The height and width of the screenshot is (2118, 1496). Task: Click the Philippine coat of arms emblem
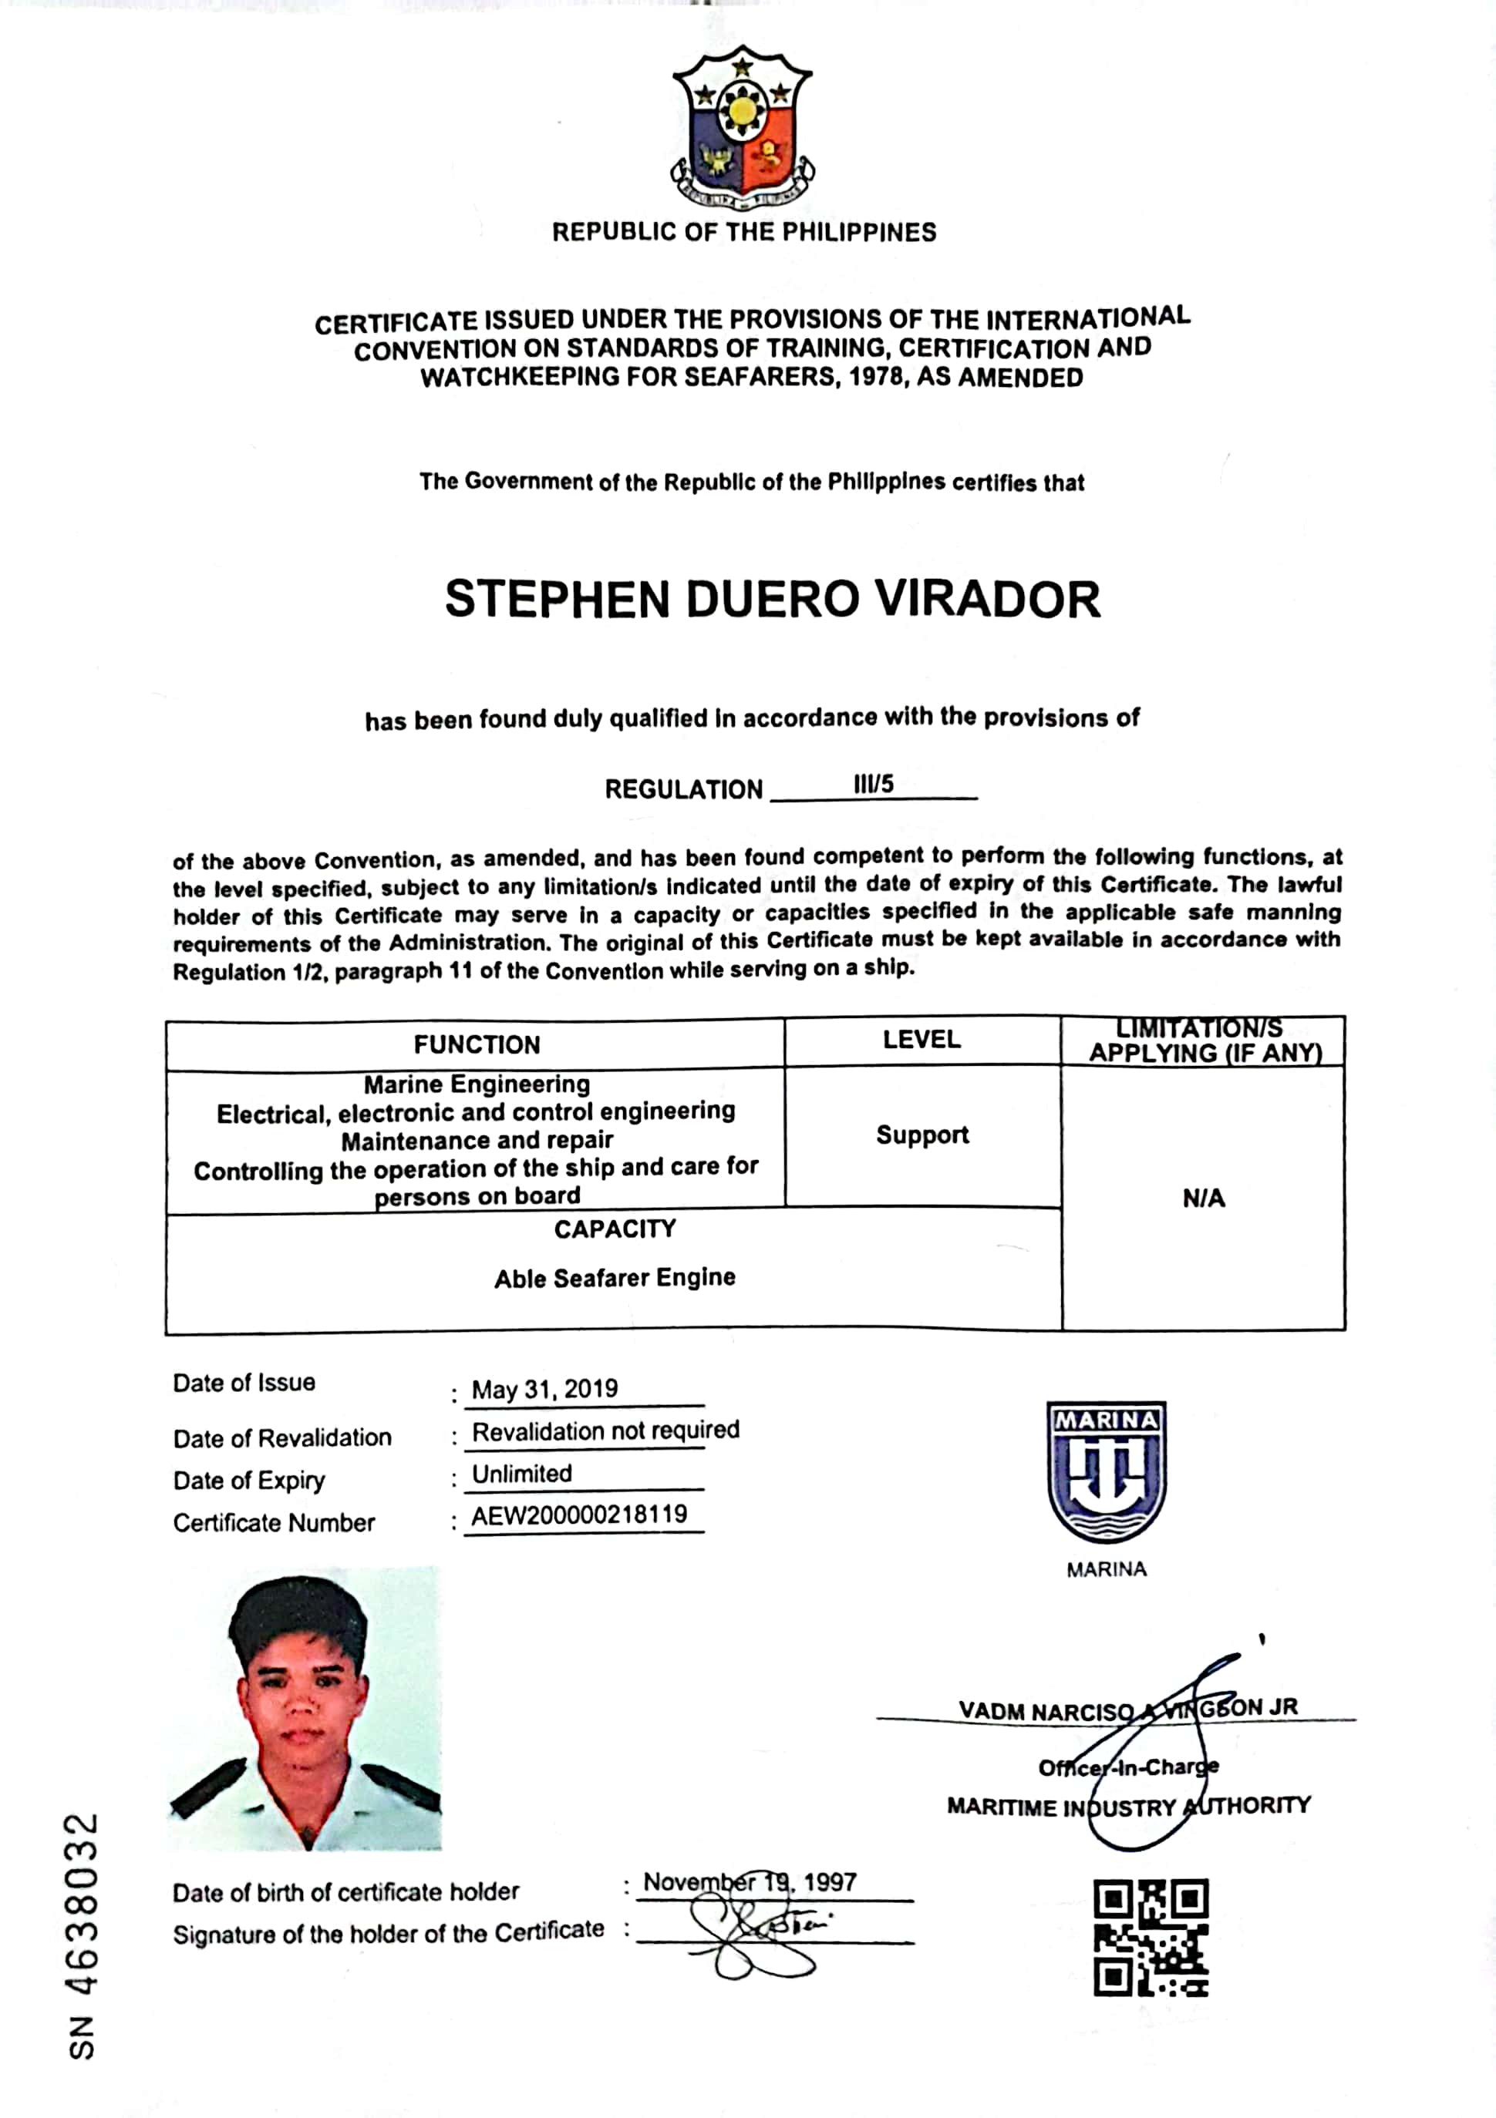tap(742, 127)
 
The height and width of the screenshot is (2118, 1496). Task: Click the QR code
tap(1150, 1937)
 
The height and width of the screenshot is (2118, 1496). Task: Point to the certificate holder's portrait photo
tap(305, 1709)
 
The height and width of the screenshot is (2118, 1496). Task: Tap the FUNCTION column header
tap(477, 1044)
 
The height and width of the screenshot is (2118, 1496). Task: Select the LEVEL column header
tap(921, 1040)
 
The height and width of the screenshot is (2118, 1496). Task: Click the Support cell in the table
tap(922, 1135)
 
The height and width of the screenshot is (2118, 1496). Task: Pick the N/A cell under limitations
tap(1204, 1199)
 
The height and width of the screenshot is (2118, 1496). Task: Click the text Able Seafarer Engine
tap(615, 1278)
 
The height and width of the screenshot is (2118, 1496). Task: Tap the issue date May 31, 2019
tap(544, 1389)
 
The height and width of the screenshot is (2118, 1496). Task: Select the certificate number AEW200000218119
tap(580, 1515)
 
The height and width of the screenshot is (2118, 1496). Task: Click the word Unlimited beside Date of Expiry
tap(521, 1473)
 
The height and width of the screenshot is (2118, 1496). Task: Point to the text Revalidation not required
tap(605, 1430)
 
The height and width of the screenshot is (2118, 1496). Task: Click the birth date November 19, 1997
tap(750, 1882)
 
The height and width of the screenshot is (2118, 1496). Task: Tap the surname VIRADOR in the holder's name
tap(988, 600)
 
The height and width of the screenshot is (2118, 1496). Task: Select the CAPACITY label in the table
tap(615, 1229)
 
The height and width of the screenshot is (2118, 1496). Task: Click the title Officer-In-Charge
tap(1127, 1767)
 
